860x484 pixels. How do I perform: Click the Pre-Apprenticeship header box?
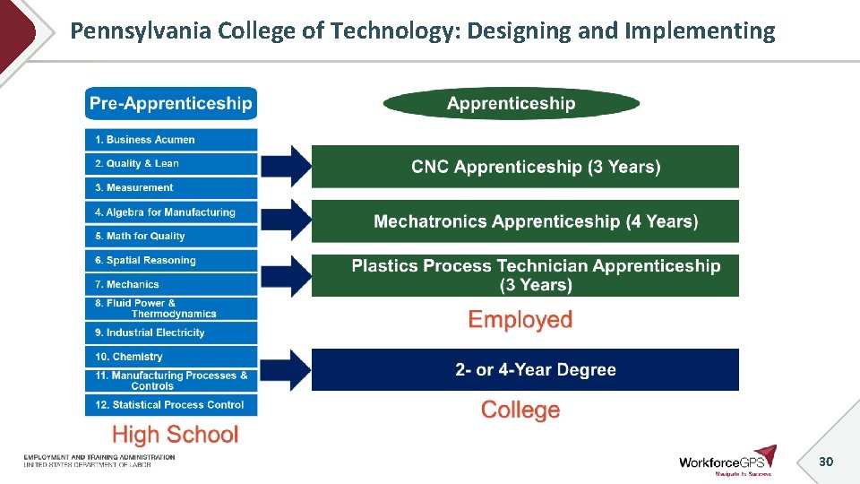(x=170, y=103)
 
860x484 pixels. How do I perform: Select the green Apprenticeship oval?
(x=511, y=103)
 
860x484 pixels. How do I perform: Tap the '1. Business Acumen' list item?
(x=170, y=140)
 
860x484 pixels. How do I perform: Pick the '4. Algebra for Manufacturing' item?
(x=170, y=212)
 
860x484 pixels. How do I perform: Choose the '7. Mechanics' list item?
(x=170, y=284)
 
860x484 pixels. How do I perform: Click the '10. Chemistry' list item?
(x=170, y=357)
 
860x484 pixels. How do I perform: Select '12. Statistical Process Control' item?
(x=170, y=405)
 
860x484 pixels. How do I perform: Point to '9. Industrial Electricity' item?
(x=170, y=333)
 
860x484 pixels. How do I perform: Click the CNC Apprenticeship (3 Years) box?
(x=525, y=167)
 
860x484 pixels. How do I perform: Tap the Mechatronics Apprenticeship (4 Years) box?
(x=525, y=221)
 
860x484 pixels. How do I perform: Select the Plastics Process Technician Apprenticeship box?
(x=525, y=275)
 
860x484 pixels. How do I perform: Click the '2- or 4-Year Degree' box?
(x=525, y=369)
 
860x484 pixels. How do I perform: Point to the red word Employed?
(x=520, y=320)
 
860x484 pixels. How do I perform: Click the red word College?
(x=520, y=411)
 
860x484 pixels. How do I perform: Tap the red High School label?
(x=175, y=436)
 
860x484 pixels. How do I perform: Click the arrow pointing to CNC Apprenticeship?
(x=287, y=165)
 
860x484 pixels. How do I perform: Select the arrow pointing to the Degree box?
(x=287, y=368)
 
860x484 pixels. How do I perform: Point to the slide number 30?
(x=825, y=462)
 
